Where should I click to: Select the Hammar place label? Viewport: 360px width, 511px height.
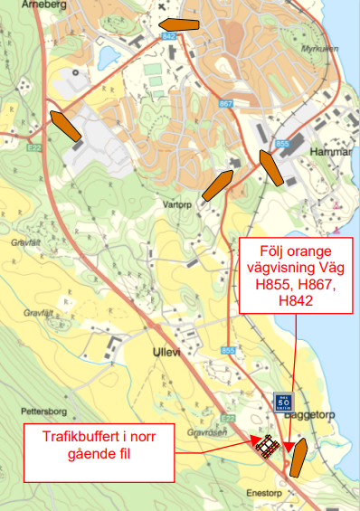pyautogui.click(x=329, y=151)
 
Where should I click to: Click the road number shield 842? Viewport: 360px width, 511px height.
pyautogui.click(x=167, y=35)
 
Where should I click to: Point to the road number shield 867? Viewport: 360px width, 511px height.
pyautogui.click(x=225, y=104)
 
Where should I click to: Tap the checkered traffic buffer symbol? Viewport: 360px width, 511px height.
pyautogui.click(x=267, y=447)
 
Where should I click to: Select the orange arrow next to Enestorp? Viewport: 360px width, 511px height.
pyautogui.click(x=298, y=458)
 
